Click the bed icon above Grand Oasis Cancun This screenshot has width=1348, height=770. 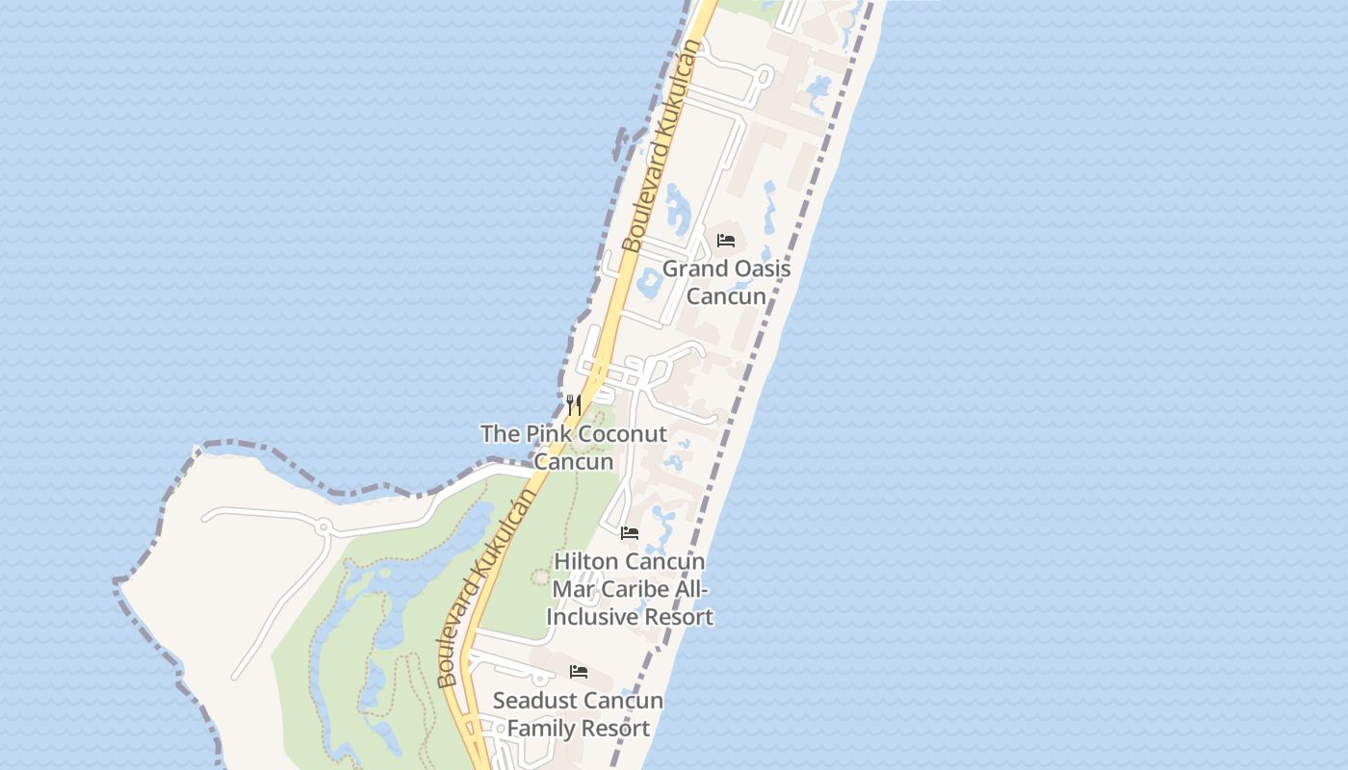click(x=726, y=240)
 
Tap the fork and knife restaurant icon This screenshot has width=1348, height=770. click(x=574, y=404)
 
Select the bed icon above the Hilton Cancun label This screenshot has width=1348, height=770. click(x=630, y=532)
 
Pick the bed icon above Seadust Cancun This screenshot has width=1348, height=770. click(x=579, y=671)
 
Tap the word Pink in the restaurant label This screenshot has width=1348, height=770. click(x=548, y=434)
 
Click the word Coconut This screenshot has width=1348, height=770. click(x=622, y=434)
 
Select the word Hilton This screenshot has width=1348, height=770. click(x=586, y=561)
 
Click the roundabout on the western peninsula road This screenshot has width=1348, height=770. click(x=324, y=526)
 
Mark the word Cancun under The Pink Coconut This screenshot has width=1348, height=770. click(x=574, y=462)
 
